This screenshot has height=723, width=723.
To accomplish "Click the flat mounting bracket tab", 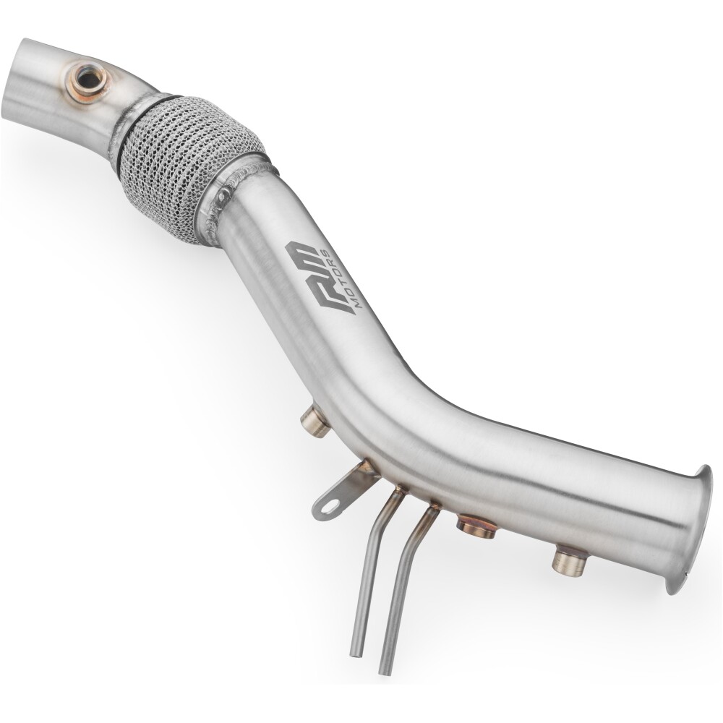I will [341, 492].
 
